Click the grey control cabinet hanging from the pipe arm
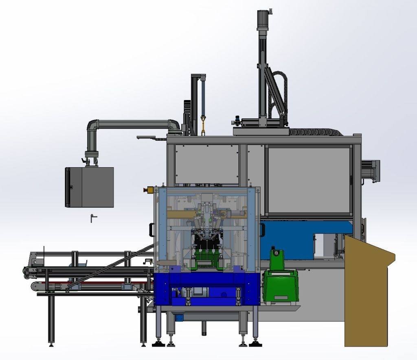coord(90,187)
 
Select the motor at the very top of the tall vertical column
coord(261,19)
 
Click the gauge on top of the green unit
coord(276,253)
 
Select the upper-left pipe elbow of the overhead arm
coord(92,125)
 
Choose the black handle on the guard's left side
coord(151,230)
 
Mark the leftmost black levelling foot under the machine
coord(158,344)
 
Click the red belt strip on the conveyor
coord(98,282)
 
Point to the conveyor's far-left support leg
coord(51,321)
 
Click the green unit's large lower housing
coord(280,287)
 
